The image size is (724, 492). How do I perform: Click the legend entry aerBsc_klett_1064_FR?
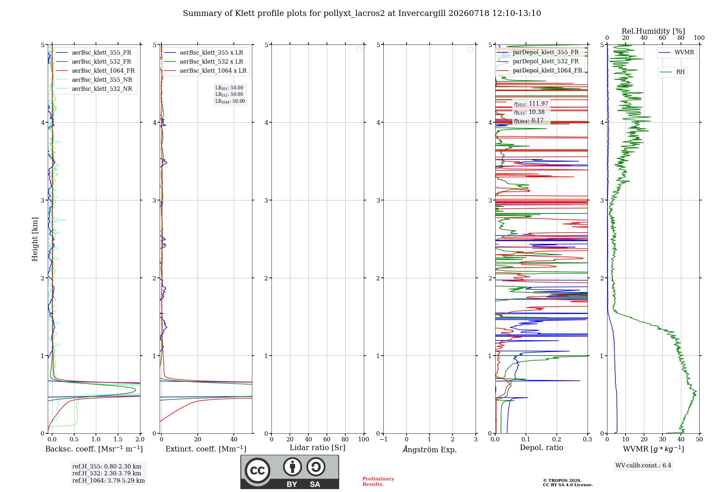click(x=95, y=71)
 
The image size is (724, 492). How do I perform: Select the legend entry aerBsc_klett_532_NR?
click(x=94, y=89)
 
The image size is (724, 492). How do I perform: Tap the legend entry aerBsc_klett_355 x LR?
click(x=203, y=53)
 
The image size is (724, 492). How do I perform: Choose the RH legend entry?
click(x=673, y=72)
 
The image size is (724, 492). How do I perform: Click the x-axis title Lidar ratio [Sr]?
click(x=317, y=448)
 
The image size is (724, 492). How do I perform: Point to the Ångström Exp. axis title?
click(x=430, y=449)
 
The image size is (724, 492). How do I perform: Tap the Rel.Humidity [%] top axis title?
click(x=653, y=31)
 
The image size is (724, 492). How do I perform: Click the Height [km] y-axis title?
click(x=35, y=239)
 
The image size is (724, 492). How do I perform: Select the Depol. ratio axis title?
click(x=542, y=448)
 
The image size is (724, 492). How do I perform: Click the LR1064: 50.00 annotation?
click(x=230, y=101)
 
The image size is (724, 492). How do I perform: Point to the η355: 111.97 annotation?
click(x=531, y=104)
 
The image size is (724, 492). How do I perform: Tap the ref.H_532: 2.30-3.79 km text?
click(x=107, y=473)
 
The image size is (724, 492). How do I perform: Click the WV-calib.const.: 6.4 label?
click(x=643, y=466)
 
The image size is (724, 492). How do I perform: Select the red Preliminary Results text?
click(x=378, y=482)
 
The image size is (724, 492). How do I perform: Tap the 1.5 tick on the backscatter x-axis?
click(x=118, y=440)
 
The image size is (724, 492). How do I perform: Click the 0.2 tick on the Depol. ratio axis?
click(x=557, y=440)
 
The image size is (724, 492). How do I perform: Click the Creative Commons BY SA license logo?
click(x=290, y=472)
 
